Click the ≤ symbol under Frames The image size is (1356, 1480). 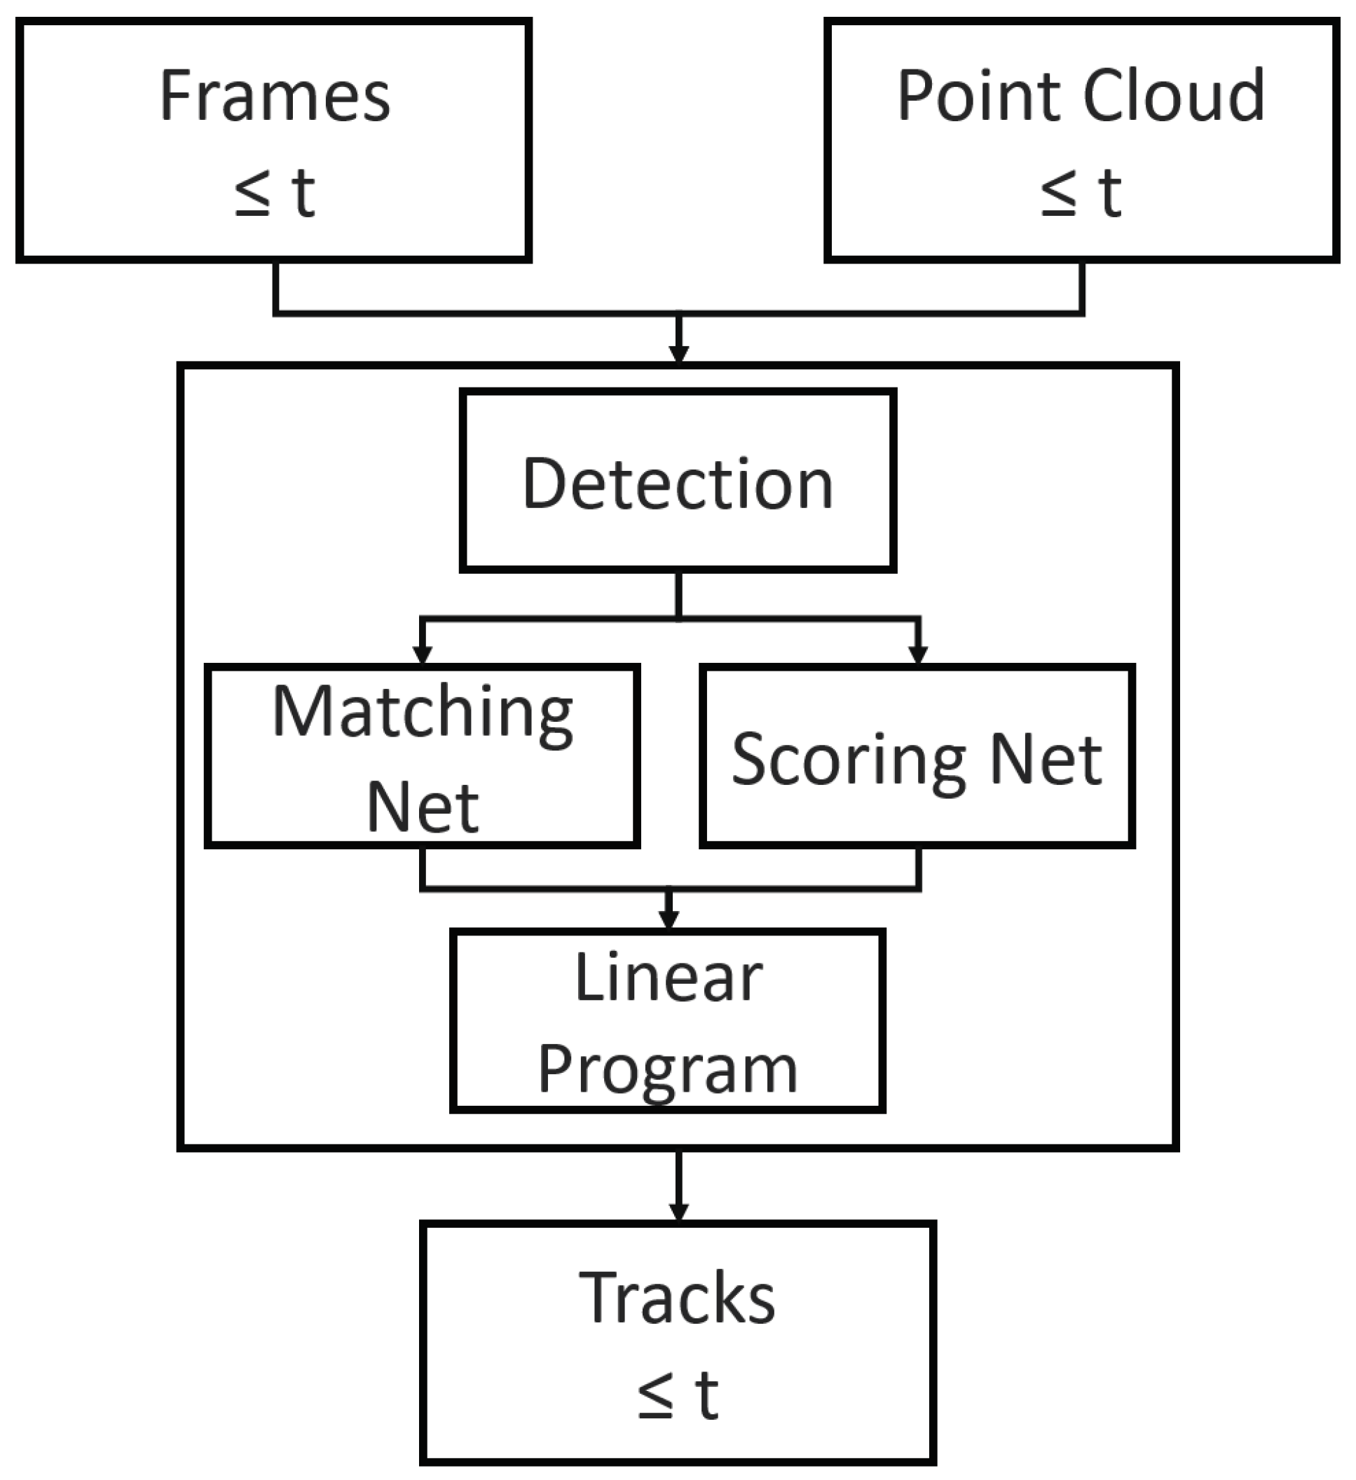pos(252,192)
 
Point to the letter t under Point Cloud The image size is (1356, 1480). pos(1110,192)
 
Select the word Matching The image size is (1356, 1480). pos(422,712)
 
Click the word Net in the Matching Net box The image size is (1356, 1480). pos(422,807)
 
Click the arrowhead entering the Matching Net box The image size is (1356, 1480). pos(422,653)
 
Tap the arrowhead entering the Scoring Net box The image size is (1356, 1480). pos(918,653)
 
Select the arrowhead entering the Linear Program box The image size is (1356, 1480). pos(668,919)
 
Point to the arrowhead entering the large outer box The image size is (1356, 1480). pos(678,353)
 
